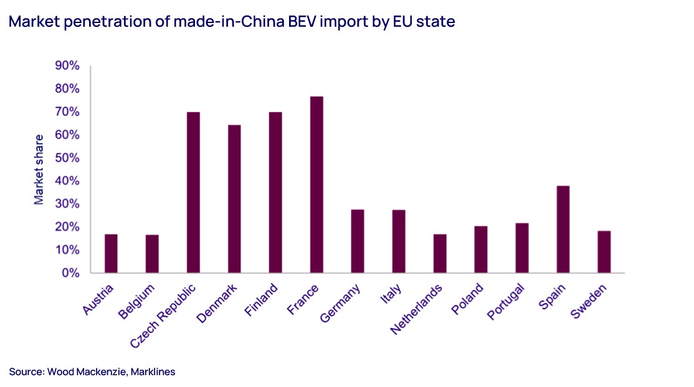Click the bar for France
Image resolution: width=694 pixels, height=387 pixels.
316,185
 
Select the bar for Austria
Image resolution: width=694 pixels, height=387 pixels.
111,253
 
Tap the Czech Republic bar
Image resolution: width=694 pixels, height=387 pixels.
193,192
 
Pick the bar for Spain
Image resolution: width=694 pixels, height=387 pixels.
563,229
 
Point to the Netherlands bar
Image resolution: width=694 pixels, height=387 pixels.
439,253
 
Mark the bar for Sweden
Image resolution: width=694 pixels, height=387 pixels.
604,252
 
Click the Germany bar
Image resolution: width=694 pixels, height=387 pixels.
357,241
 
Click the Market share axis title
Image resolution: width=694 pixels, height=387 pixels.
39,169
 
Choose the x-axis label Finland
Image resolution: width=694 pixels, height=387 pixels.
262,301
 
